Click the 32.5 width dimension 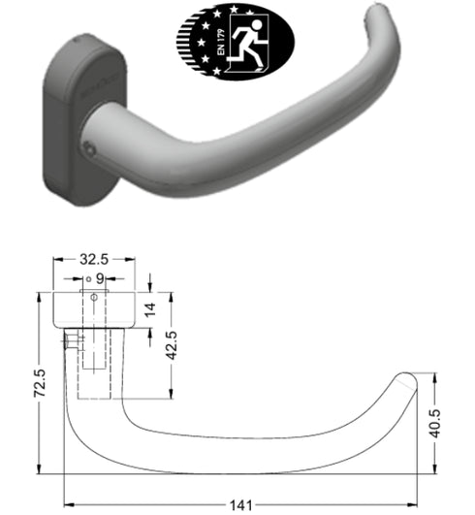[x=95, y=260]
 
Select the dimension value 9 [x=99, y=278]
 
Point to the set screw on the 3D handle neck [x=89, y=147]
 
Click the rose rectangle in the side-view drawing [x=95, y=309]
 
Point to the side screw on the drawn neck [x=71, y=342]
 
